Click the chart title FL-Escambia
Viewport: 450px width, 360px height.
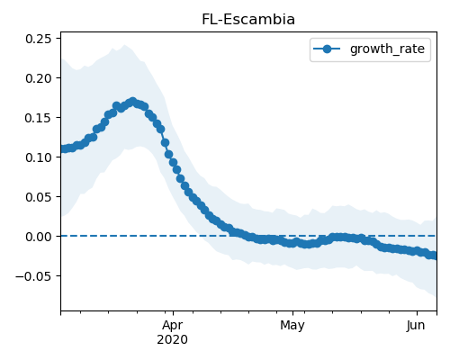click(x=248, y=20)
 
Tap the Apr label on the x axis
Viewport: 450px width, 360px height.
click(x=173, y=326)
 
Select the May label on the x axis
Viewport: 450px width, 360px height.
click(x=292, y=326)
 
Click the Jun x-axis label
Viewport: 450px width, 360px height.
click(x=416, y=325)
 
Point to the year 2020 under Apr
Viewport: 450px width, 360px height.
click(x=173, y=339)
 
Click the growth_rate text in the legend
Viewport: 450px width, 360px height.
click(x=387, y=49)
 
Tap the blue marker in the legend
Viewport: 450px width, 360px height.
click(x=327, y=49)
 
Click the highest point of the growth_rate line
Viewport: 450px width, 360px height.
click(x=132, y=102)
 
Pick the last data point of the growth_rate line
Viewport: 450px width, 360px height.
click(x=434, y=256)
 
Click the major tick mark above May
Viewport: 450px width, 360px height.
click(x=292, y=314)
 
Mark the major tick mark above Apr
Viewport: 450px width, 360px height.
click(x=173, y=314)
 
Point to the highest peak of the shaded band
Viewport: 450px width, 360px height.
click(x=124, y=45)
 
